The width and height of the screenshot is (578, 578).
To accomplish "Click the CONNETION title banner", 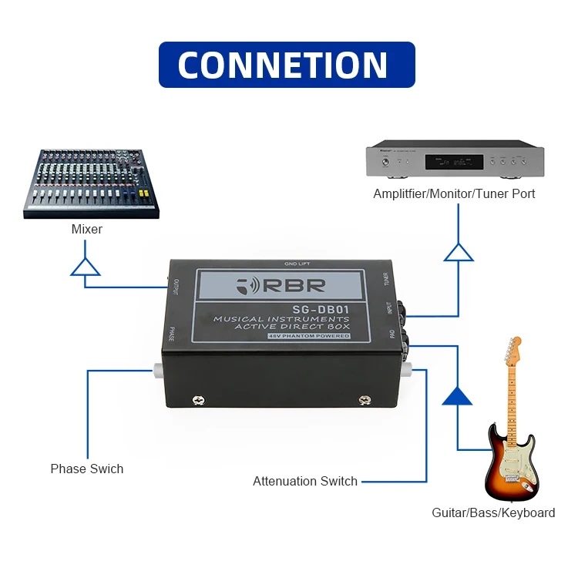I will (287, 65).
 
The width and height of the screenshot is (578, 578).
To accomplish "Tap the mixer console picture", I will (91, 182).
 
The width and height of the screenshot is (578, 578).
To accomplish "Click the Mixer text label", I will (87, 229).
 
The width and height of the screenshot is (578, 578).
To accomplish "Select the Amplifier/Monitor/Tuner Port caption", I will (454, 193).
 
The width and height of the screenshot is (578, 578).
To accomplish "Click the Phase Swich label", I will (87, 469).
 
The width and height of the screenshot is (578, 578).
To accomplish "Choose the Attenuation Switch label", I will (305, 481).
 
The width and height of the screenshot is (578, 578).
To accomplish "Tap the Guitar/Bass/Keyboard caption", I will (493, 512).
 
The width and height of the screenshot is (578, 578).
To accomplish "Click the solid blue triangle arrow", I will (458, 396).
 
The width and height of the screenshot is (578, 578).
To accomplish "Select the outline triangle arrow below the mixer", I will (85, 267).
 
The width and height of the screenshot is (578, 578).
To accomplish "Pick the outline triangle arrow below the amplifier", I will (459, 252).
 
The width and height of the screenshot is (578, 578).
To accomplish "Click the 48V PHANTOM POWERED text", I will (308, 336).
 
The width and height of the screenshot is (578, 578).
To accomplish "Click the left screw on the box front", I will (198, 399).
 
